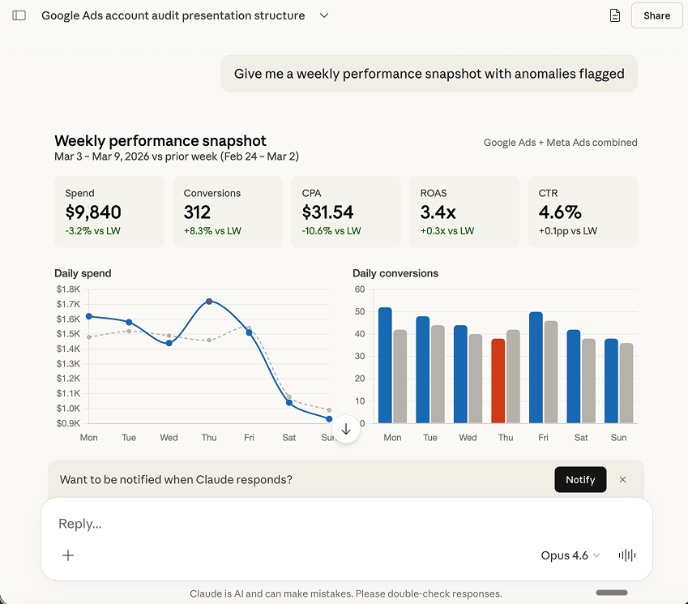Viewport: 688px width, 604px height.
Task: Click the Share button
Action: tap(656, 15)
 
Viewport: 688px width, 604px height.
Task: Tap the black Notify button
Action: tap(580, 479)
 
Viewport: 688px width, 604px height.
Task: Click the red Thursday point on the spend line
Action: tap(209, 301)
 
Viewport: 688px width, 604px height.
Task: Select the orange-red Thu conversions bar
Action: tap(498, 380)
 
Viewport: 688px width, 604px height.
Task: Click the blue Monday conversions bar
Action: tap(385, 365)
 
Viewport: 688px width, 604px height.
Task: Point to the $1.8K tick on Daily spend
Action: tap(67, 289)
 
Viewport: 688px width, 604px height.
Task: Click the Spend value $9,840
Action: tap(93, 212)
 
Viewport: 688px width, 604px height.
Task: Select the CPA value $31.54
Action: tap(327, 212)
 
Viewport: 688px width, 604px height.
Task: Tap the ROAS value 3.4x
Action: tap(438, 212)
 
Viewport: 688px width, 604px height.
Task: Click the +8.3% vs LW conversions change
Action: tap(212, 231)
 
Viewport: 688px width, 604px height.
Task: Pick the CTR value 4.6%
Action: tap(560, 212)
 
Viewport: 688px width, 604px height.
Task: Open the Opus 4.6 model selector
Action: tap(570, 555)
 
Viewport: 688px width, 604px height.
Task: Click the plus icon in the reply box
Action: tap(68, 555)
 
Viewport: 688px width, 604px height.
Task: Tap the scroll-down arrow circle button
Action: tap(346, 430)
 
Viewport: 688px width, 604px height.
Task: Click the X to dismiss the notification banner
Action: tap(622, 479)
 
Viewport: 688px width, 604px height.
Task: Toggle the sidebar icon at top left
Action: tap(19, 15)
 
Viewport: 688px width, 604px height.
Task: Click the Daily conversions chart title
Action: tap(395, 273)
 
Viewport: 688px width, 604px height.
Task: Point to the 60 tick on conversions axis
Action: tap(360, 289)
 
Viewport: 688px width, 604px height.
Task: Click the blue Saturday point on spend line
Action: tap(289, 402)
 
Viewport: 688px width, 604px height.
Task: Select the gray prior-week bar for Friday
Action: tap(550, 371)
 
